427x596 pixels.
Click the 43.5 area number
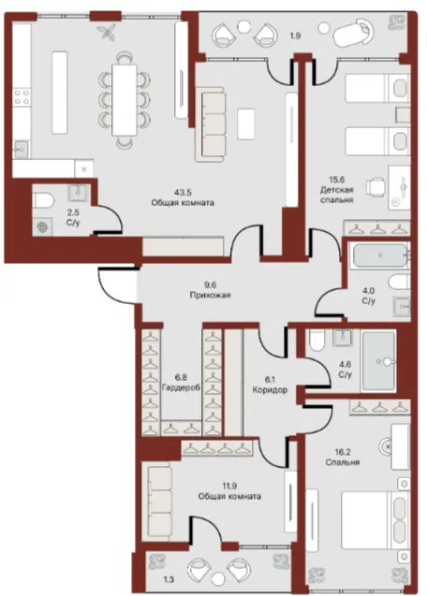(x=183, y=192)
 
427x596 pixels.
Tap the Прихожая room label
(x=210, y=295)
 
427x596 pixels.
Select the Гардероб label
(x=181, y=388)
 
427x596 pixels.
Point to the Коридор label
(x=270, y=389)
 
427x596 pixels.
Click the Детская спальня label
(x=336, y=195)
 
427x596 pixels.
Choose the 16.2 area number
(x=343, y=452)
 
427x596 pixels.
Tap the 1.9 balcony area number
(x=296, y=36)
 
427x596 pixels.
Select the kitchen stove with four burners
(x=22, y=97)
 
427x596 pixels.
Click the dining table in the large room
(x=124, y=100)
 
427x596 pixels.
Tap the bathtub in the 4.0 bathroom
(x=380, y=255)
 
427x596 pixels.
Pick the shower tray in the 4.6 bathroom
(x=378, y=361)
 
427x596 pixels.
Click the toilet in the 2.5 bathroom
(x=43, y=200)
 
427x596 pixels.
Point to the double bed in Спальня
(x=375, y=520)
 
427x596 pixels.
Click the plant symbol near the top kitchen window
(x=107, y=32)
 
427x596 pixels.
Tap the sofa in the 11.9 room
(x=159, y=502)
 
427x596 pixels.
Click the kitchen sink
(x=22, y=149)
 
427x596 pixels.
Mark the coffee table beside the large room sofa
(x=245, y=124)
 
